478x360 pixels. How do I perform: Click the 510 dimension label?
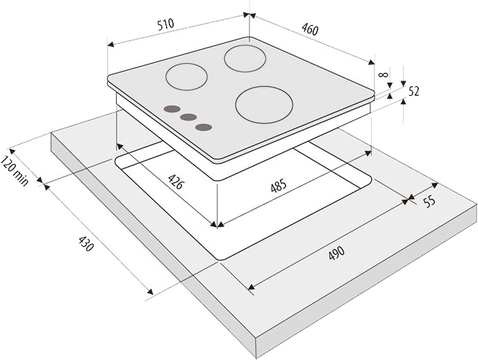click(165, 24)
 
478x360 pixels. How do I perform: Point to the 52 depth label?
click(414, 91)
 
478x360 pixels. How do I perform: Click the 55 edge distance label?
click(429, 202)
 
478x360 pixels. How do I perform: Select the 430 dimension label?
click(85, 245)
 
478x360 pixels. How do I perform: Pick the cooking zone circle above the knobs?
click(186, 76)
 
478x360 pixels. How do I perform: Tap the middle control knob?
click(188, 117)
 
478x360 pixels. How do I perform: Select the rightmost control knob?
click(204, 126)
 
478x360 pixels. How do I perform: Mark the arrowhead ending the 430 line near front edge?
click(149, 291)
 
